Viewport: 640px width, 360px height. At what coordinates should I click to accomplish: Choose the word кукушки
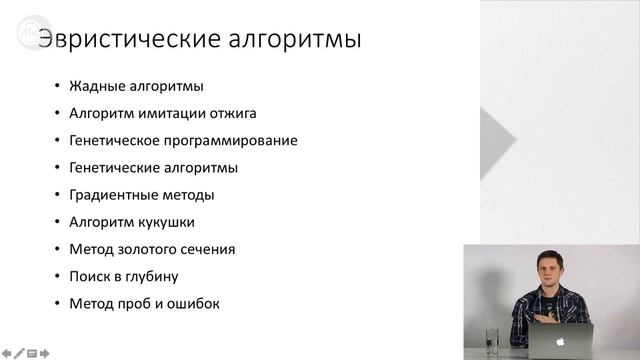pos(167,222)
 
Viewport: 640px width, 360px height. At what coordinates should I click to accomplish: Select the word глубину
pos(156,276)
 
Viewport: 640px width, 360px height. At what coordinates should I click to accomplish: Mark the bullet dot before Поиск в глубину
pos(57,276)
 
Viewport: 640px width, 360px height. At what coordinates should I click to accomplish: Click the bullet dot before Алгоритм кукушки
pos(57,222)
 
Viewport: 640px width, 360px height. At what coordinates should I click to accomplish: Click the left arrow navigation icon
pos(7,352)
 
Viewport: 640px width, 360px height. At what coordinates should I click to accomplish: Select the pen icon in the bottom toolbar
pos(19,352)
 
